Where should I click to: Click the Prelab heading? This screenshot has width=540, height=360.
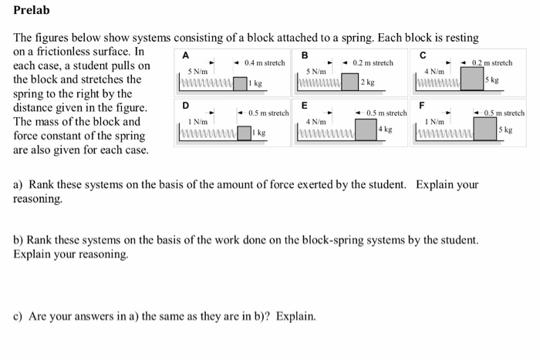[32, 12]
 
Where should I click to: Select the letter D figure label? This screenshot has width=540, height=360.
[184, 106]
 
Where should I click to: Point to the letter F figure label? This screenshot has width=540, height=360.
[421, 105]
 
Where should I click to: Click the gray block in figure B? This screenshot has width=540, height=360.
[351, 82]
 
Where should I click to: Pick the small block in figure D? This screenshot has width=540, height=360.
[245, 133]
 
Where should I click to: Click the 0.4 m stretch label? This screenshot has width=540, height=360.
[264, 62]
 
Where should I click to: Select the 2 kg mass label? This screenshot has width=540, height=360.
[370, 82]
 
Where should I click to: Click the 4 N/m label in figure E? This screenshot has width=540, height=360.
[316, 122]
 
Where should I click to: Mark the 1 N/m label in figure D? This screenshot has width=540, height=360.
[198, 122]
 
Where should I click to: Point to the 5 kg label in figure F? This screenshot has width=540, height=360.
[505, 130]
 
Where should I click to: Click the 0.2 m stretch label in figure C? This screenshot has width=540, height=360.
[491, 62]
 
